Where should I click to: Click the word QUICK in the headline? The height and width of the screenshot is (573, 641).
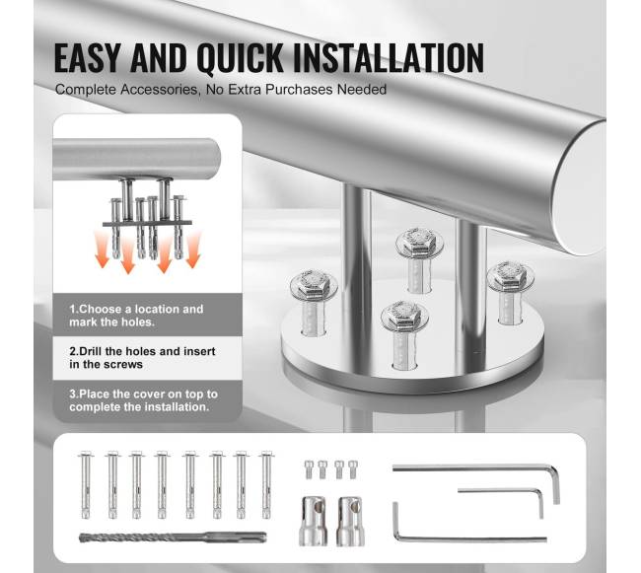(240, 57)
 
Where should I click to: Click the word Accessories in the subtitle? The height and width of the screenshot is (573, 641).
(159, 90)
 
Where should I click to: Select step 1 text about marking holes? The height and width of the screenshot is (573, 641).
(136, 316)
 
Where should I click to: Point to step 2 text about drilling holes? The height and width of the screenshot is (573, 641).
(142, 358)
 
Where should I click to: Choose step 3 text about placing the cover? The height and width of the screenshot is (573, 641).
(143, 400)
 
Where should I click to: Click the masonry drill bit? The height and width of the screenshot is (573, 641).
(173, 537)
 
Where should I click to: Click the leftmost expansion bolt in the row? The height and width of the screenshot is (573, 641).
(86, 485)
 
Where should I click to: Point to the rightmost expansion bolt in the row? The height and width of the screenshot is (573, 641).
(266, 485)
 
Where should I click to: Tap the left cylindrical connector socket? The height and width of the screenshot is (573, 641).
(314, 521)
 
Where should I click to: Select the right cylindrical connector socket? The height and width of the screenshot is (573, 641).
(351, 521)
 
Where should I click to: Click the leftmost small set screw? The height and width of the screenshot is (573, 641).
(309, 469)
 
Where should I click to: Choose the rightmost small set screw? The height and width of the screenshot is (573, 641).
(353, 469)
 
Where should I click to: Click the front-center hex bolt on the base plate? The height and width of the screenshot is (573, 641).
(404, 333)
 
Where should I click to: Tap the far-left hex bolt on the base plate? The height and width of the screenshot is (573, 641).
(314, 301)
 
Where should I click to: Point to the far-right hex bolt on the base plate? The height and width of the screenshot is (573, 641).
(510, 291)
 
